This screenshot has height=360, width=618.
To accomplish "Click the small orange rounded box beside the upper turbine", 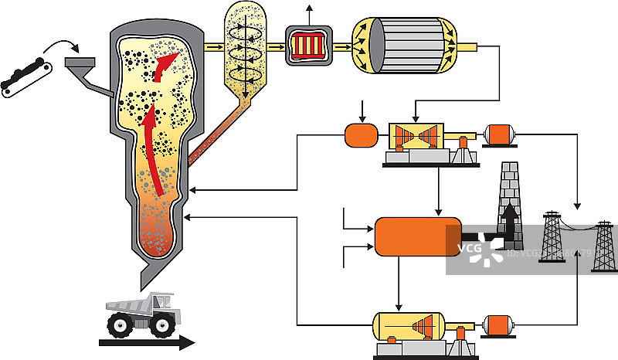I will (x=359, y=135).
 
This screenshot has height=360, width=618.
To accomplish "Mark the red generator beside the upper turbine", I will (x=499, y=136).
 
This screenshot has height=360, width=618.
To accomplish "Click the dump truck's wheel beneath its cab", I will (x=164, y=324).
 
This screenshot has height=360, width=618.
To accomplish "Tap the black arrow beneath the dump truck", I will (x=147, y=342).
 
